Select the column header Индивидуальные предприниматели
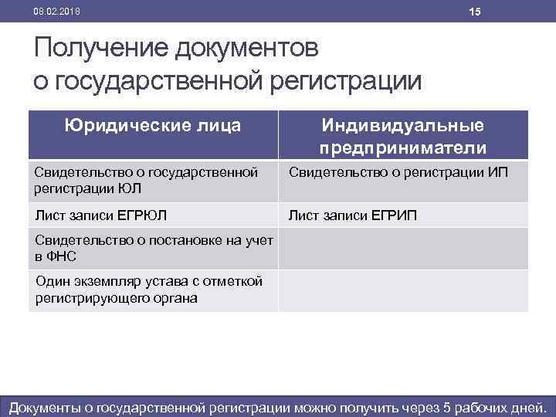402,136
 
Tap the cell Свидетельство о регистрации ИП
398,171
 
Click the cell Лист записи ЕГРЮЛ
100,215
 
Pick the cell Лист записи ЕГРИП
352,215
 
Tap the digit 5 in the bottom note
452,406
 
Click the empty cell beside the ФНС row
402,248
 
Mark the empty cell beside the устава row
402,290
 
